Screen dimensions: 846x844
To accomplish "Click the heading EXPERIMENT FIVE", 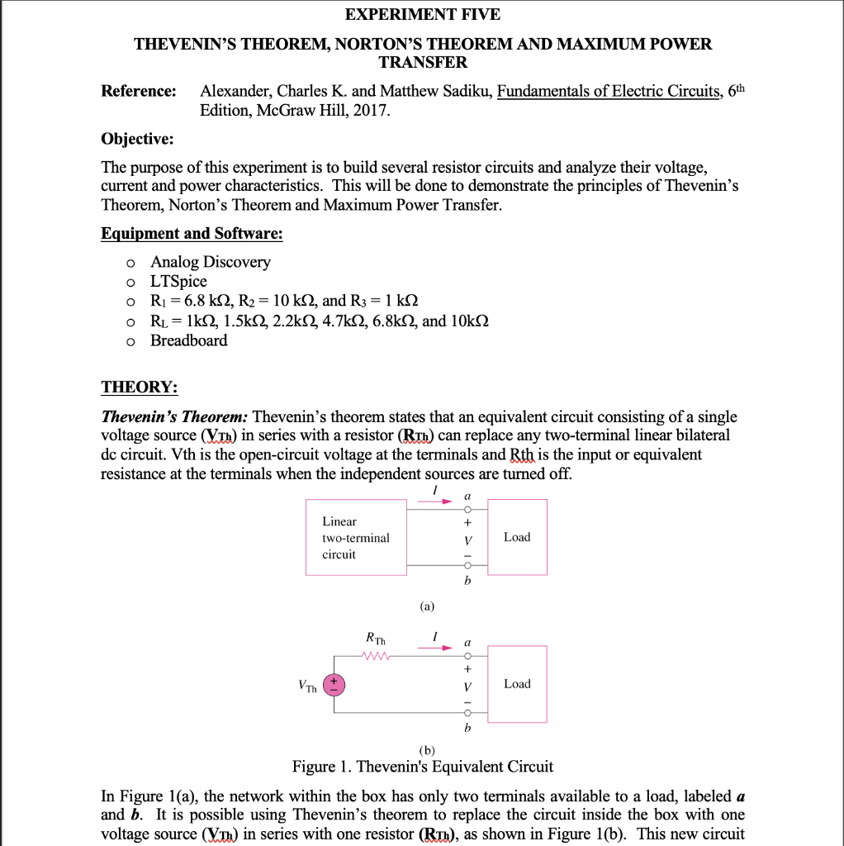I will tap(422, 14).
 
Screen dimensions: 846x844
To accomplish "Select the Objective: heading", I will tap(137, 138).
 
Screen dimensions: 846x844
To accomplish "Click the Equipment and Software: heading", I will tap(192, 234).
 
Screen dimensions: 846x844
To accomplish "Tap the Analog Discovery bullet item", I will tap(210, 262).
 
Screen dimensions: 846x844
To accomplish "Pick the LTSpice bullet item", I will tap(178, 282).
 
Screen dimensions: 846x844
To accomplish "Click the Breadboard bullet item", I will tap(188, 340).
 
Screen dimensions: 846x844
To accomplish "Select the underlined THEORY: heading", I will tap(139, 387).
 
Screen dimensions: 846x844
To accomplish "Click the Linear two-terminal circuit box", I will tap(356, 537).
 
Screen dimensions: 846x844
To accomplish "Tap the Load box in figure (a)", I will tap(517, 537).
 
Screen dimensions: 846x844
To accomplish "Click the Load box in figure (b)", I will tap(517, 684).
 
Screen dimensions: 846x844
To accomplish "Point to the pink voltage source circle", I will tap(334, 684).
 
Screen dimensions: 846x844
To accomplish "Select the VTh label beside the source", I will tap(307, 685).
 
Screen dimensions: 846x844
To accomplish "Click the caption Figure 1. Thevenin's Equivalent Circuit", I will tap(423, 767).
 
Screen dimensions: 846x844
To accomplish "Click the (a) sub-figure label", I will tap(426, 606).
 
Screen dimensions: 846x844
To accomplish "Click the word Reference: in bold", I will tap(139, 91).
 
